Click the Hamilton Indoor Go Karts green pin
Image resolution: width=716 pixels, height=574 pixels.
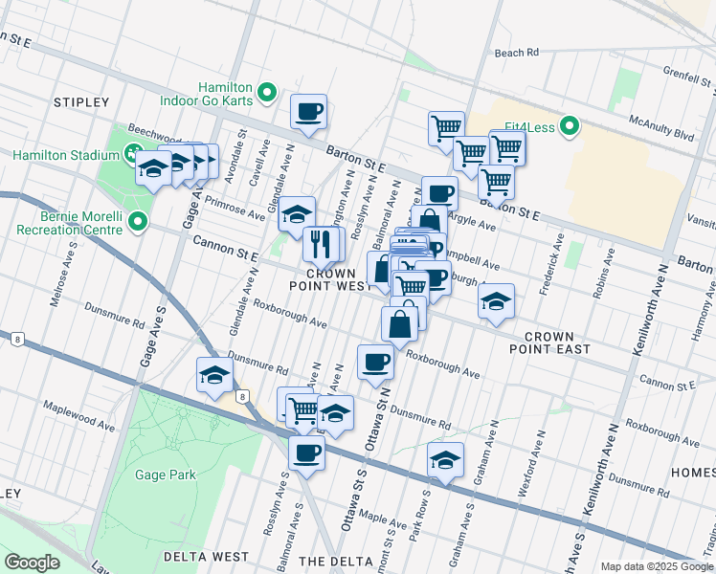click(268, 94)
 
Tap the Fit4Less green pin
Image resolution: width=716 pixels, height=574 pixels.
click(570, 126)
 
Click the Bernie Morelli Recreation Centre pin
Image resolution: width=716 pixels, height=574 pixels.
click(138, 224)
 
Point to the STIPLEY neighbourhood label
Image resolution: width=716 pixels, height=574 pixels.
click(82, 101)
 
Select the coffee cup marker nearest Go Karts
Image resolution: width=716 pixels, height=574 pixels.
click(309, 112)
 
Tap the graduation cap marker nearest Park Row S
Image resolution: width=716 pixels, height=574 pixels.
click(445, 460)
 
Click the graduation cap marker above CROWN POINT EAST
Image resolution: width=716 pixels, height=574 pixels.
click(496, 301)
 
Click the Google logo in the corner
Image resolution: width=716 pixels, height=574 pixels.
click(32, 562)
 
